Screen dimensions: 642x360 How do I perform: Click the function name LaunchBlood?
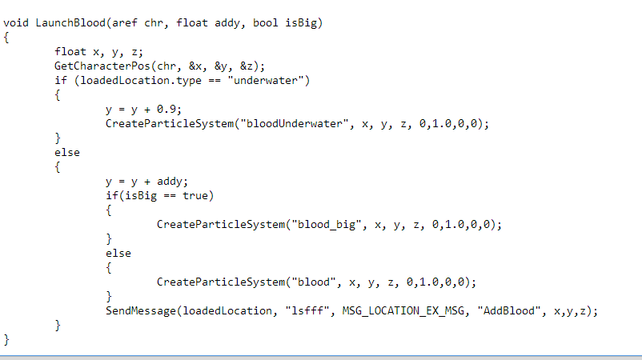click(x=70, y=23)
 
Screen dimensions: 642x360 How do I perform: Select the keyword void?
click(x=16, y=23)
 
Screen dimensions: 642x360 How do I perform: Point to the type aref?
click(x=124, y=23)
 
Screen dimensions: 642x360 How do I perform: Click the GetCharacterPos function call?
click(x=102, y=66)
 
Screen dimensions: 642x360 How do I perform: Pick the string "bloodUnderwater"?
click(x=295, y=124)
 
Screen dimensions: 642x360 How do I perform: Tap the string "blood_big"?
click(x=327, y=225)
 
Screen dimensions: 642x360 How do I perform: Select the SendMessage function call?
click(x=140, y=311)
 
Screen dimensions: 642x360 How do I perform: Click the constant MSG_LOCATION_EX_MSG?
click(x=403, y=311)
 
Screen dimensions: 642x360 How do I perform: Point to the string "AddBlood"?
click(x=509, y=311)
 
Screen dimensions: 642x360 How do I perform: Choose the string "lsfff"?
click(x=307, y=311)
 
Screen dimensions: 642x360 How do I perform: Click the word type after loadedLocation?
click(x=189, y=81)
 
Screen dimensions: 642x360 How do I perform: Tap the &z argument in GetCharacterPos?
click(x=246, y=66)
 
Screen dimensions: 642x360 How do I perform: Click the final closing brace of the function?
click(x=6, y=339)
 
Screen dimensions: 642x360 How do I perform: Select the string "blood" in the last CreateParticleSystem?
click(x=314, y=282)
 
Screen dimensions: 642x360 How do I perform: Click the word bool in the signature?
click(x=265, y=23)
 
